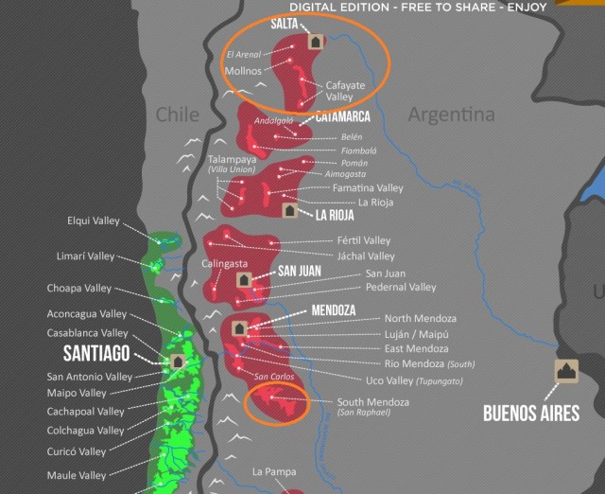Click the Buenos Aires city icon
pos(566,372)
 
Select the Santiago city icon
pos(177,362)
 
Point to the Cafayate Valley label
pos(338,90)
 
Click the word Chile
pos(178,115)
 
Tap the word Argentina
pos(451,115)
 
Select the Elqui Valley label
pos(93,221)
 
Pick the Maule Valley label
pos(77,475)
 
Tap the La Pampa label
pos(272,470)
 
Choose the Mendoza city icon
pos(239,328)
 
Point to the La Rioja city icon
pos(290,210)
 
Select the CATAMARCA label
pos(336,118)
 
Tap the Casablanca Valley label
pos(87,333)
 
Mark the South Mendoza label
pos(373,402)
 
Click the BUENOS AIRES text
pos(530,414)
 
